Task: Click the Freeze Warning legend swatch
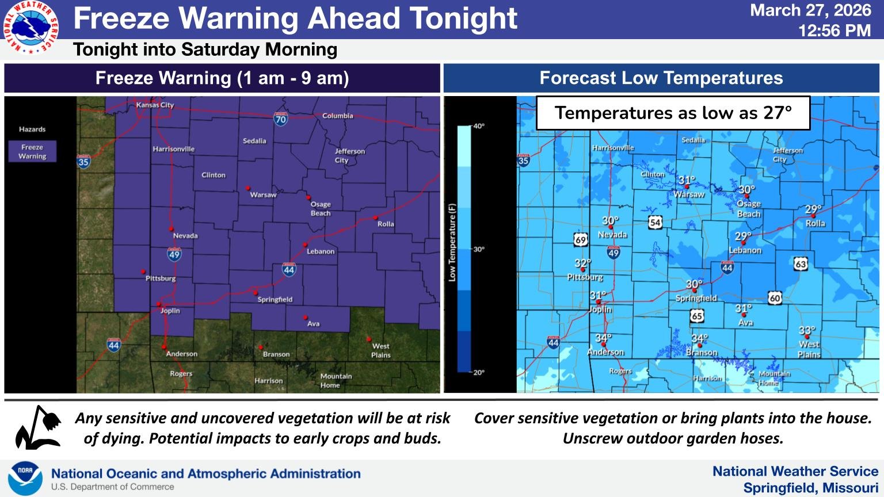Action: click(x=32, y=151)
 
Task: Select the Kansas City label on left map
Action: click(x=155, y=105)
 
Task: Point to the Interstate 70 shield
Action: click(x=280, y=119)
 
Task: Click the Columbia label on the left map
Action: click(x=337, y=116)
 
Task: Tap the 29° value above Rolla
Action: click(x=813, y=209)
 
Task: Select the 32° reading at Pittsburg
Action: click(x=582, y=263)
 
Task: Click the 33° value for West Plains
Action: click(x=807, y=331)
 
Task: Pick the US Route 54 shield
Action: click(x=655, y=223)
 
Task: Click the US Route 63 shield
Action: click(x=801, y=264)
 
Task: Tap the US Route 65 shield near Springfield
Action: click(x=697, y=316)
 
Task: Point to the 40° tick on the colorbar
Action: click(x=478, y=126)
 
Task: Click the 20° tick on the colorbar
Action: click(x=478, y=372)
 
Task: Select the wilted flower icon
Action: click(x=38, y=428)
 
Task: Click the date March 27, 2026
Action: click(x=810, y=10)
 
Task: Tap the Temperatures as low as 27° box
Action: click(x=673, y=113)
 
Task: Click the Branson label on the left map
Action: click(x=276, y=354)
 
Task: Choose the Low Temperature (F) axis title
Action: click(x=452, y=242)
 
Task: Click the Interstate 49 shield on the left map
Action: click(x=174, y=254)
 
